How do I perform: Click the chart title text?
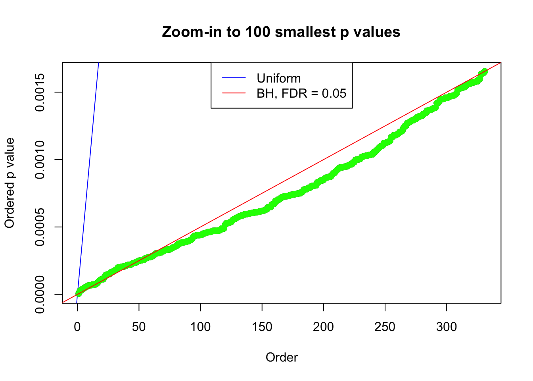(281, 32)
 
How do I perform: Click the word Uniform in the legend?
(278, 78)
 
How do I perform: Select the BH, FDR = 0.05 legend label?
(301, 93)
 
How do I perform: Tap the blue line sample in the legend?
(234, 78)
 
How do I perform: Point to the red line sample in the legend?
(234, 93)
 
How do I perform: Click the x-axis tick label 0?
(77, 327)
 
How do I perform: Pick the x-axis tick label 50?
(139, 327)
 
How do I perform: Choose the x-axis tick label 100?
(200, 327)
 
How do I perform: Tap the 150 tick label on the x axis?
(262, 327)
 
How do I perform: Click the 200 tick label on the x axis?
(324, 327)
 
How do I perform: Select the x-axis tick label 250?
(385, 327)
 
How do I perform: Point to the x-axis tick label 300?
(447, 327)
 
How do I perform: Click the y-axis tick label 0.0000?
(40, 294)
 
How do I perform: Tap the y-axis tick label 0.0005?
(40, 227)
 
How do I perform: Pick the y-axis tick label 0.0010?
(40, 160)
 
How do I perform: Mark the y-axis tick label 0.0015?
(40, 92)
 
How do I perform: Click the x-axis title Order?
(282, 357)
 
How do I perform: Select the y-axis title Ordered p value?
(10, 183)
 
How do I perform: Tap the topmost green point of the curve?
(485, 71)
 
